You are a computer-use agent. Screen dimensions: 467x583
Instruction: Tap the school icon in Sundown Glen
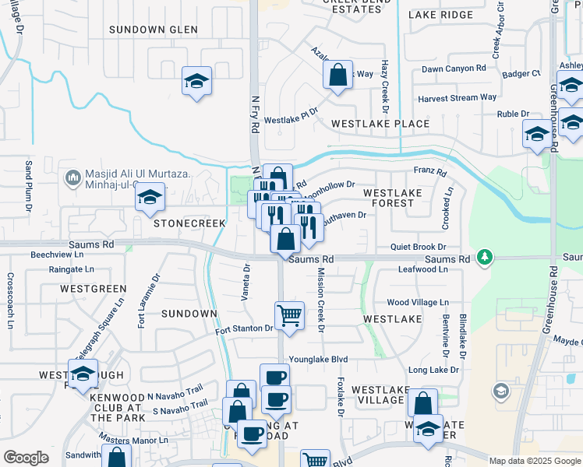pos(196,80)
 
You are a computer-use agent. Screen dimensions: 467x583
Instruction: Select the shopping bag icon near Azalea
pos(338,75)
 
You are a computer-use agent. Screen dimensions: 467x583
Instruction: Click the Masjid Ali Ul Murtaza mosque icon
pos(73,178)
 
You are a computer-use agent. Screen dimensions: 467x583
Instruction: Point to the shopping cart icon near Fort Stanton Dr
pos(289,315)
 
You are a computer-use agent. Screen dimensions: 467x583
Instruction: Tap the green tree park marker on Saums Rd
pos(485,256)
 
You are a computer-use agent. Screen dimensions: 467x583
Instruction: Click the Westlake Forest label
pos(393,198)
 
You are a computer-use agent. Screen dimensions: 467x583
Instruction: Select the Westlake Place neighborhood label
pos(380,124)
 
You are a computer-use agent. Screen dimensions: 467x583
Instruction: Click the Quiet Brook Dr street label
pos(418,246)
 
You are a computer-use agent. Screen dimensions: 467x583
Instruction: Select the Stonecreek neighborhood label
pos(189,223)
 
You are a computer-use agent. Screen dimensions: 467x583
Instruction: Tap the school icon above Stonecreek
pos(150,198)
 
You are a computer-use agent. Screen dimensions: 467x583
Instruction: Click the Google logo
pos(26,458)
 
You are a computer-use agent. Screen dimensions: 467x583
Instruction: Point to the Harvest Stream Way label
pos(457,98)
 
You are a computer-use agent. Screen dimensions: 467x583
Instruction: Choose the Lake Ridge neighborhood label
pos(440,15)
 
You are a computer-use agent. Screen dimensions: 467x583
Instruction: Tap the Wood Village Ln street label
pos(418,302)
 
